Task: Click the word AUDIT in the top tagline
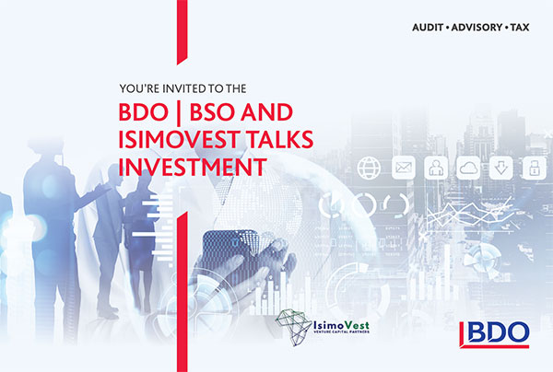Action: tap(428, 28)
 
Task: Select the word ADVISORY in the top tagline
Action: tap(477, 28)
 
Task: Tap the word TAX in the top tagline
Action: tap(520, 28)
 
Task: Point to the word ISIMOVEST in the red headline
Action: tap(179, 140)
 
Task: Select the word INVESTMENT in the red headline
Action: tap(193, 167)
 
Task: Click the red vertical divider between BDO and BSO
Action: tap(179, 113)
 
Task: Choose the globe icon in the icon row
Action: tap(369, 168)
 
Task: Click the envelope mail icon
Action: tap(404, 168)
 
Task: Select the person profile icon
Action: tap(436, 168)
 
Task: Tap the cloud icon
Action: tap(468, 168)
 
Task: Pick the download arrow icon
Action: tap(501, 168)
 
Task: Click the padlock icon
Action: tap(534, 168)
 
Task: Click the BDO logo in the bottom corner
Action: tap(494, 334)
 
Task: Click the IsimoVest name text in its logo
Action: tap(341, 325)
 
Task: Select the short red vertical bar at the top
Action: tap(182, 31)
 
